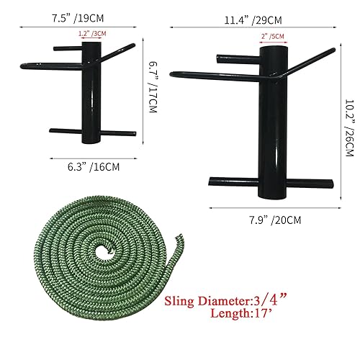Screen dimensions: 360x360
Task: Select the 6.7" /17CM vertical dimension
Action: pyautogui.click(x=152, y=86)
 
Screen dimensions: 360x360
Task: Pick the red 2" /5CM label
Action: pyautogui.click(x=272, y=36)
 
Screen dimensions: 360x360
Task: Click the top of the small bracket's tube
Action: pyautogui.click(x=91, y=45)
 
